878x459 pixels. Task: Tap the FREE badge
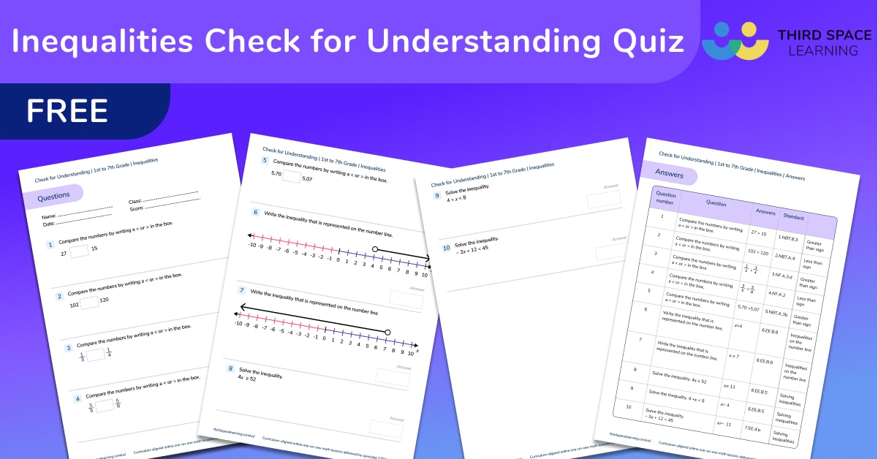click(x=67, y=110)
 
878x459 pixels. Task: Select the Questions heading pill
click(x=54, y=196)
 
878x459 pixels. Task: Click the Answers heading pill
click(x=669, y=175)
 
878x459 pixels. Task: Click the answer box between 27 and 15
click(x=79, y=250)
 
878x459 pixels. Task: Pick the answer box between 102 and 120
click(x=89, y=301)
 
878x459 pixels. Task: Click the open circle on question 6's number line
click(x=375, y=250)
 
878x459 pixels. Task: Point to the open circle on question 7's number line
click(x=387, y=332)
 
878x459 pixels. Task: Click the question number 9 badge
click(x=437, y=196)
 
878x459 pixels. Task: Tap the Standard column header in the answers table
click(x=793, y=217)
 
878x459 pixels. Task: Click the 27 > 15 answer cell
click(x=757, y=233)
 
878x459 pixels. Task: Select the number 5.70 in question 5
click(x=276, y=174)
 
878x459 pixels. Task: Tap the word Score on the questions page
click(x=135, y=209)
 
